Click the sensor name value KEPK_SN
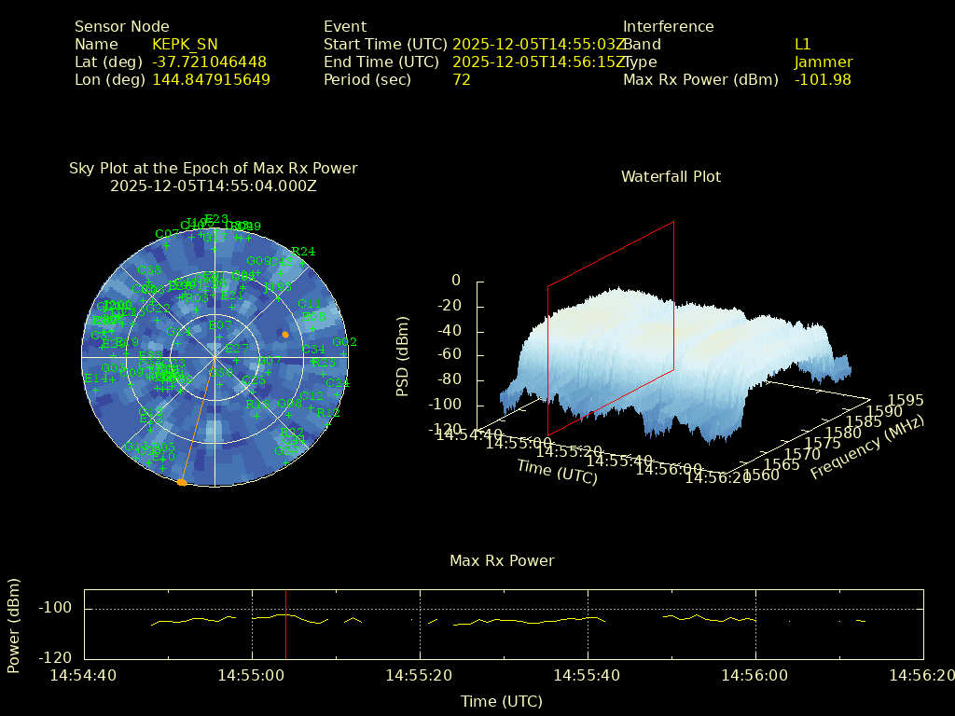pyautogui.click(x=185, y=45)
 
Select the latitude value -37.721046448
pyautogui.click(x=209, y=62)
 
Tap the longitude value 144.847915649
pyautogui.click(x=211, y=80)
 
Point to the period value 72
pyautogui.click(x=462, y=80)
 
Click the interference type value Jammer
pyautogui.click(x=824, y=62)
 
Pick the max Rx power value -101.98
pyautogui.click(x=823, y=80)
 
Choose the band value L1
pyautogui.click(x=803, y=45)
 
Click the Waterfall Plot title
pyautogui.click(x=671, y=176)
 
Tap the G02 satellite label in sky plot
pyautogui.click(x=345, y=342)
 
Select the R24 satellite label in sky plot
pyautogui.click(x=303, y=252)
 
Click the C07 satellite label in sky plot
pyautogui.click(x=167, y=234)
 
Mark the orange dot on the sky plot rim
pyautogui.click(x=182, y=482)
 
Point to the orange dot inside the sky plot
pyautogui.click(x=285, y=334)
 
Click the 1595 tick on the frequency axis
pyautogui.click(x=907, y=400)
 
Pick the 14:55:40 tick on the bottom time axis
pyautogui.click(x=588, y=675)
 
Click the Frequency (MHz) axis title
pyautogui.click(x=866, y=447)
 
